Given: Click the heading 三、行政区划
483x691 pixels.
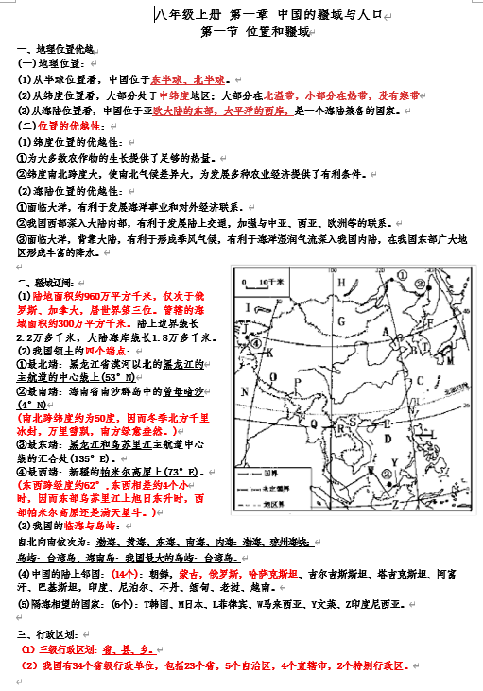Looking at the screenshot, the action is click(x=48, y=634).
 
